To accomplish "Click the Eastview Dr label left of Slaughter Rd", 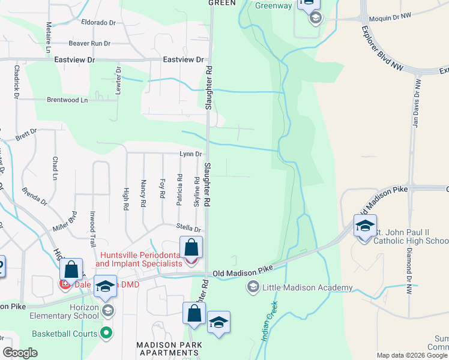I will (x=183, y=60).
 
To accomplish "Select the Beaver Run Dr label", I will (x=89, y=43).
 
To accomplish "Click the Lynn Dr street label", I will (x=190, y=154).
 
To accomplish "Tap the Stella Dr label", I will (x=188, y=228).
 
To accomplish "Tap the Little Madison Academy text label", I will (x=307, y=288).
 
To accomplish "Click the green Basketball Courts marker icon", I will (x=107, y=332).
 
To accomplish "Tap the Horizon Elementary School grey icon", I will (x=107, y=310).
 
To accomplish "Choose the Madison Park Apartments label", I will (x=169, y=349).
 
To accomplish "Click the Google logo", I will (x=20, y=353).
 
